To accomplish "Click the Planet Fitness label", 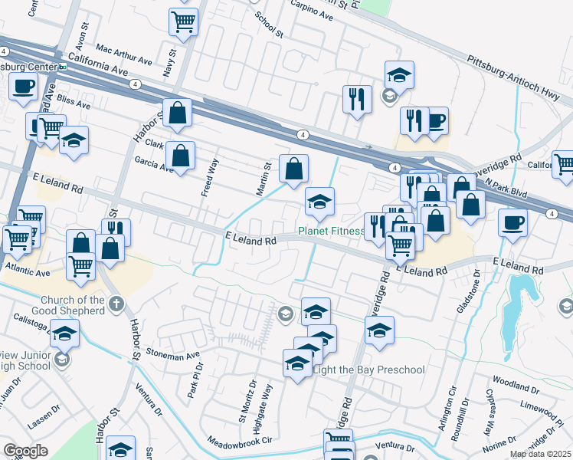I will (331, 231).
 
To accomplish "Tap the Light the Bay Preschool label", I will (369, 370).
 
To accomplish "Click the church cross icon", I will (116, 304).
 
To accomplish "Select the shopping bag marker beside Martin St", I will (293, 168).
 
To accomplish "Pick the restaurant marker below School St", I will (357, 99).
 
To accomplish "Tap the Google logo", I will (25, 451).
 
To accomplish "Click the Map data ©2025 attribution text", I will (540, 454).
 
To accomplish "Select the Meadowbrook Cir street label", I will (238, 442).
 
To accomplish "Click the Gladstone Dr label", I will (468, 291).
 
